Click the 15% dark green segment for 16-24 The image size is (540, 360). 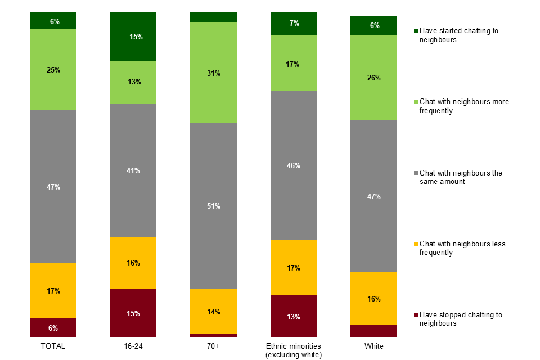[x=133, y=37]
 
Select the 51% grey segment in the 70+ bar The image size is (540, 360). [x=214, y=206]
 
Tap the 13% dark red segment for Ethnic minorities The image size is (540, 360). [x=294, y=316]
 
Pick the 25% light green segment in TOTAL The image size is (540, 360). [x=53, y=70]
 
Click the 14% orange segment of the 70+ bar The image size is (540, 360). [x=214, y=312]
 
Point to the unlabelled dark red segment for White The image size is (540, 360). [x=373, y=331]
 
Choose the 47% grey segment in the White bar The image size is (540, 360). [x=373, y=196]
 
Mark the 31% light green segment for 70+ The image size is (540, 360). [x=214, y=73]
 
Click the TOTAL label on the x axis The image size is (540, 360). [x=53, y=346]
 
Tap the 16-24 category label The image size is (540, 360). [x=133, y=346]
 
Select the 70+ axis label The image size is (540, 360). [x=214, y=346]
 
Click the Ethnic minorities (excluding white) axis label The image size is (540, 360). [x=294, y=350]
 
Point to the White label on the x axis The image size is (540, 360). [x=373, y=346]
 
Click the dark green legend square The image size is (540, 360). [x=416, y=31]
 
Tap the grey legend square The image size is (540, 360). [x=416, y=173]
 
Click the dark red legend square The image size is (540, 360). [x=416, y=315]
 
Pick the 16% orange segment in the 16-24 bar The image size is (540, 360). [x=133, y=263]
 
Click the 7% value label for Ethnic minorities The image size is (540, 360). [x=294, y=24]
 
